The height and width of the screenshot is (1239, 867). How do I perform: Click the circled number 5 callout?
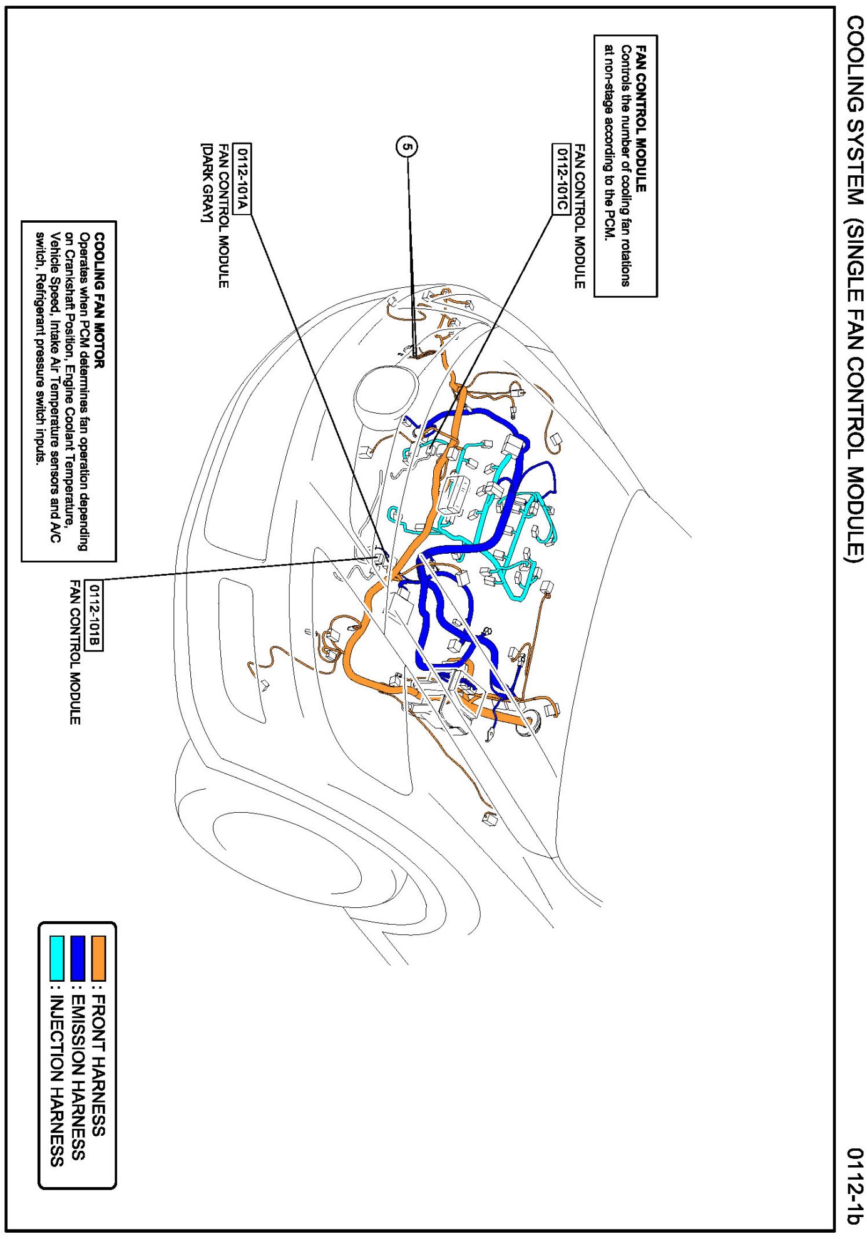[x=407, y=147]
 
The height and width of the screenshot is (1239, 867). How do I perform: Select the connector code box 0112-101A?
[x=242, y=179]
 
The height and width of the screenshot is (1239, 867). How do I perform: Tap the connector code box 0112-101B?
[x=94, y=615]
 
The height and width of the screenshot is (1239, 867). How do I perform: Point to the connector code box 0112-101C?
[x=561, y=179]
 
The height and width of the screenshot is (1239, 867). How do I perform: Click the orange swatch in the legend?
[x=98, y=958]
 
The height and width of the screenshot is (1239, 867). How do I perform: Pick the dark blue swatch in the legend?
[x=78, y=958]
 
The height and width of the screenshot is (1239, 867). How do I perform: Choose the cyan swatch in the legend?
[x=57, y=958]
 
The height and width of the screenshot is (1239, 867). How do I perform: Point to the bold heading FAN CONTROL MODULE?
[x=640, y=118]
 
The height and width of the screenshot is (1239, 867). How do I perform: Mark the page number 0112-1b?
[x=854, y=1185]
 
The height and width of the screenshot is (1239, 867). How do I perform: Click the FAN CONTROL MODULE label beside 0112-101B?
[x=75, y=652]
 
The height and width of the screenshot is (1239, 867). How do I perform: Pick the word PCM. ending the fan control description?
[x=608, y=228]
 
